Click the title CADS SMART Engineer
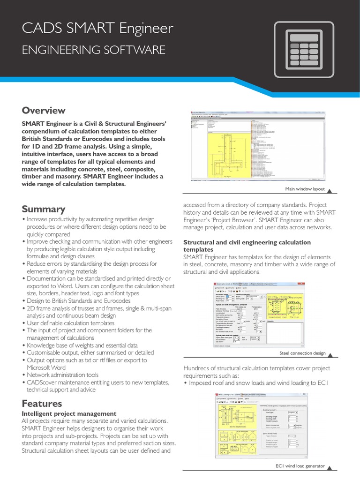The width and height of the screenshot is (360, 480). [x=97, y=29]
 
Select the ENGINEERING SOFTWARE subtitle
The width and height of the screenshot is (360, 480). [x=94, y=50]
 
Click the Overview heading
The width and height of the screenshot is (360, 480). [x=44, y=111]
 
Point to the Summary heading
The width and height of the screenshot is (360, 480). [x=44, y=209]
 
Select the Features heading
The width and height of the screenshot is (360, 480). [x=42, y=403]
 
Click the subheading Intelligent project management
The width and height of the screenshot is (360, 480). [x=69, y=413]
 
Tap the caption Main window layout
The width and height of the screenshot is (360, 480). [x=305, y=189]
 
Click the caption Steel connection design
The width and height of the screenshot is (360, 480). [x=302, y=353]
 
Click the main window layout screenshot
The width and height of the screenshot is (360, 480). [x=257, y=146]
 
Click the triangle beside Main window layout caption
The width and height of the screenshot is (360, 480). [x=329, y=189]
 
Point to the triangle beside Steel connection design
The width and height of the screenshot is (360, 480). [x=329, y=353]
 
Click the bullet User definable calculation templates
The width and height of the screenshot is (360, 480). [x=70, y=323]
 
